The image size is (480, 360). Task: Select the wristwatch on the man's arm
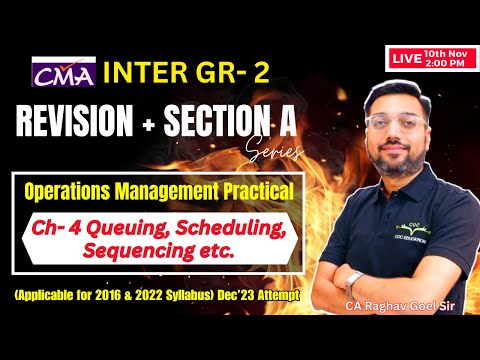click(x=352, y=278)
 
